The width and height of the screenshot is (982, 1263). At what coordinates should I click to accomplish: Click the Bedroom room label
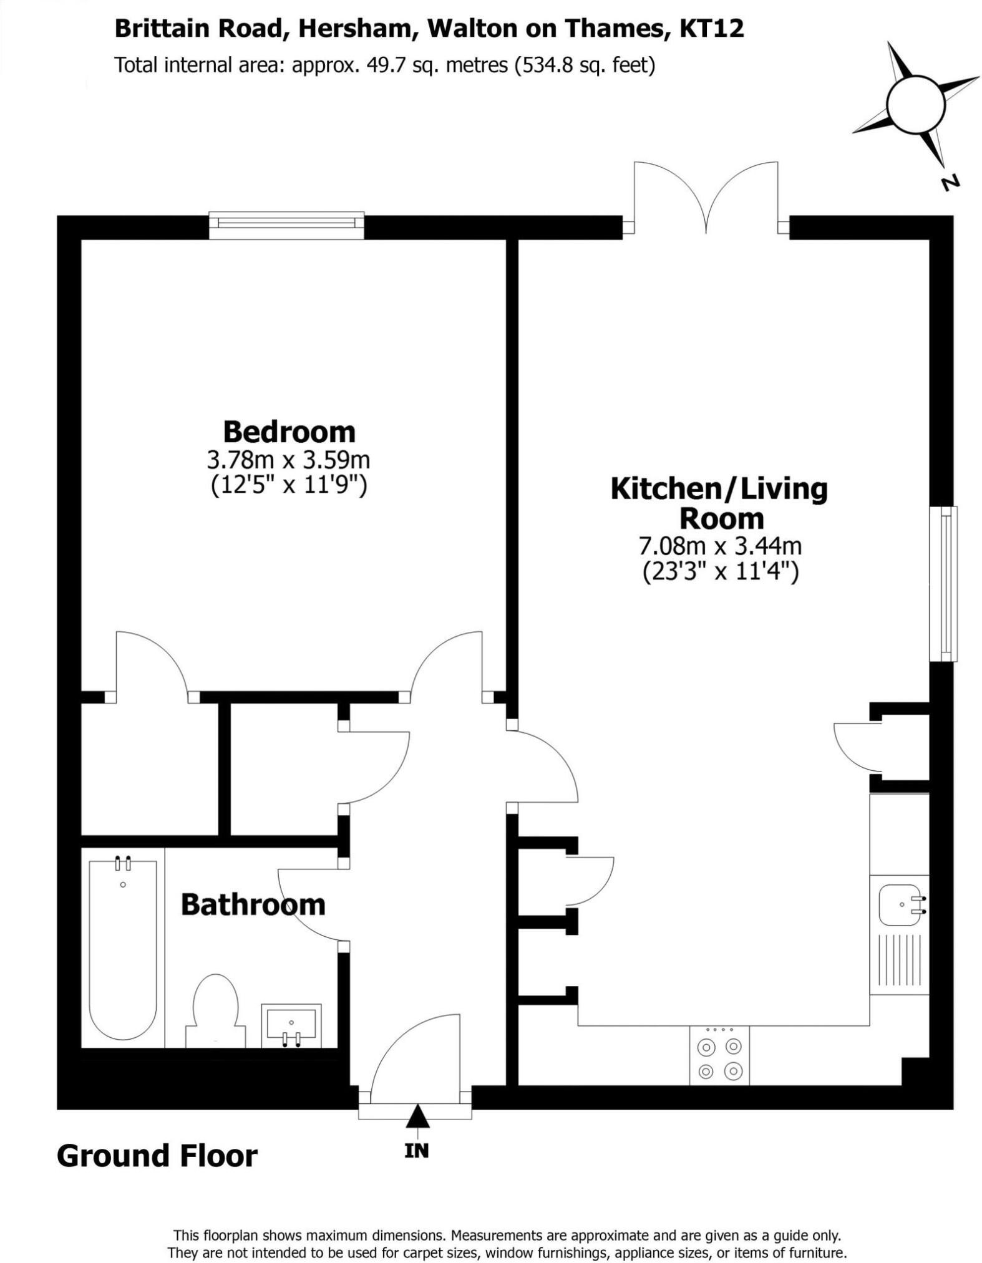(289, 432)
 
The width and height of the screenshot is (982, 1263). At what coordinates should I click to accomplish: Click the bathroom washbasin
(291, 1025)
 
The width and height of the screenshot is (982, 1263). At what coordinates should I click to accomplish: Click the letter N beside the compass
(949, 183)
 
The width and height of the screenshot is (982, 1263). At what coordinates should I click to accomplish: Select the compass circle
(916, 104)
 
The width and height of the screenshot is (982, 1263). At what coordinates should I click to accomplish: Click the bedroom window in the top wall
(286, 225)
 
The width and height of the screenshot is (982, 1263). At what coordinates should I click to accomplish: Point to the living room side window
(943, 584)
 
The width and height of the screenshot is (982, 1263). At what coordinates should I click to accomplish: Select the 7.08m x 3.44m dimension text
(719, 546)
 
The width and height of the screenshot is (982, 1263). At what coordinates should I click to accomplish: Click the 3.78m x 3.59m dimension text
(288, 460)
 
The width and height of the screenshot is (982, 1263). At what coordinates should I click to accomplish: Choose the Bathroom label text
(253, 904)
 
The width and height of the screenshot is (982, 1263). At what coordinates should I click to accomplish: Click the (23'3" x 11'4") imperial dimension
(720, 571)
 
